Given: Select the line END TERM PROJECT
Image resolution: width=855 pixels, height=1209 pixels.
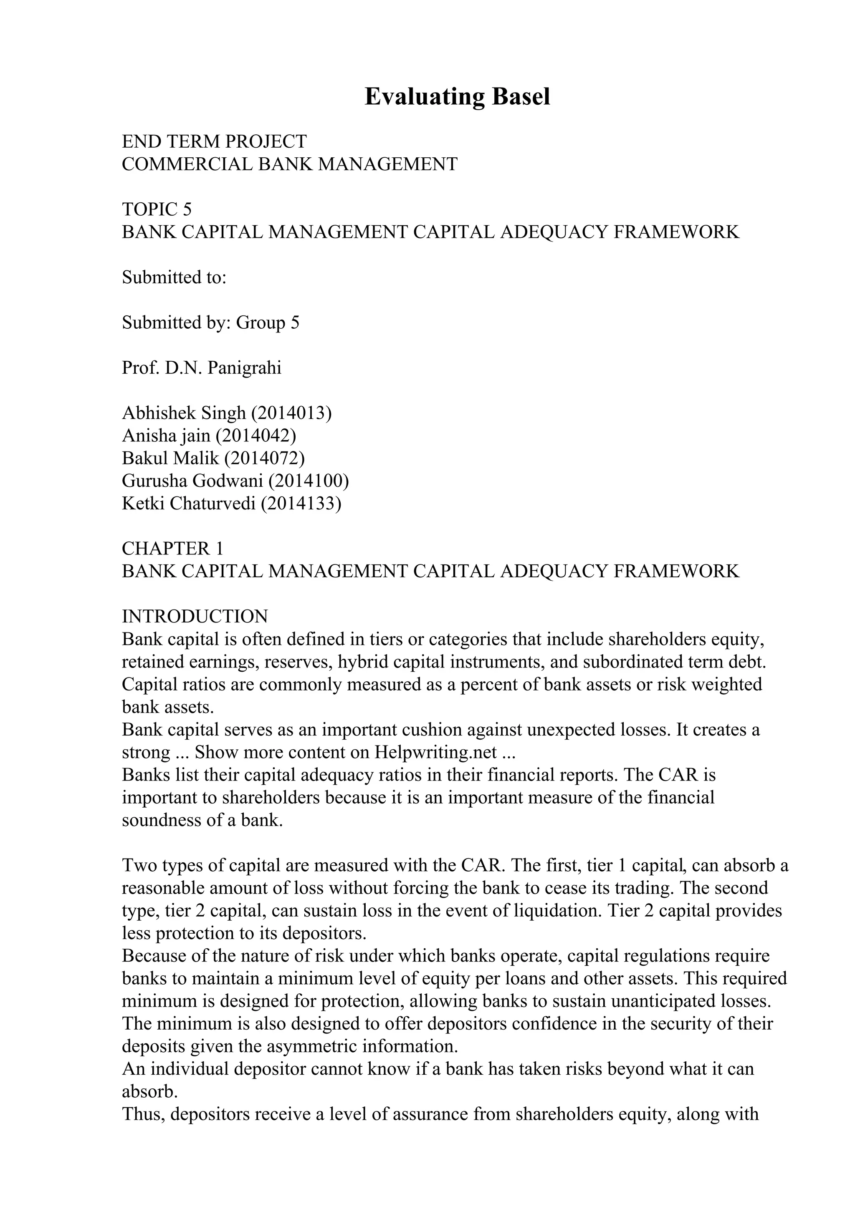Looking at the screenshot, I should [214, 142].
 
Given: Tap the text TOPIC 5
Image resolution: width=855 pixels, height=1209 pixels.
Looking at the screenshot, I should [157, 209].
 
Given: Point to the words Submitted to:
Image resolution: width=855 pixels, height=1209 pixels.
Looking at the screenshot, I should [174, 277].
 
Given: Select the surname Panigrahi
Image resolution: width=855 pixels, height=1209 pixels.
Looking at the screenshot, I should [245, 368].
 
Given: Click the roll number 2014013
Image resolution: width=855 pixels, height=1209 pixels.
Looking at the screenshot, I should [291, 413].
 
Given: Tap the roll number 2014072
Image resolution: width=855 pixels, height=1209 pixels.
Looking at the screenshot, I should [264, 458].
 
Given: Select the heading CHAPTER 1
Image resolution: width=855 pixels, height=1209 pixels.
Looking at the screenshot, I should [173, 549].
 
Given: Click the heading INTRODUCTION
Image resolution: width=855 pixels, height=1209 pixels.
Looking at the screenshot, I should [195, 617].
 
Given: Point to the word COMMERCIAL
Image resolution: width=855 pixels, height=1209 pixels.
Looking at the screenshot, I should [187, 164].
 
